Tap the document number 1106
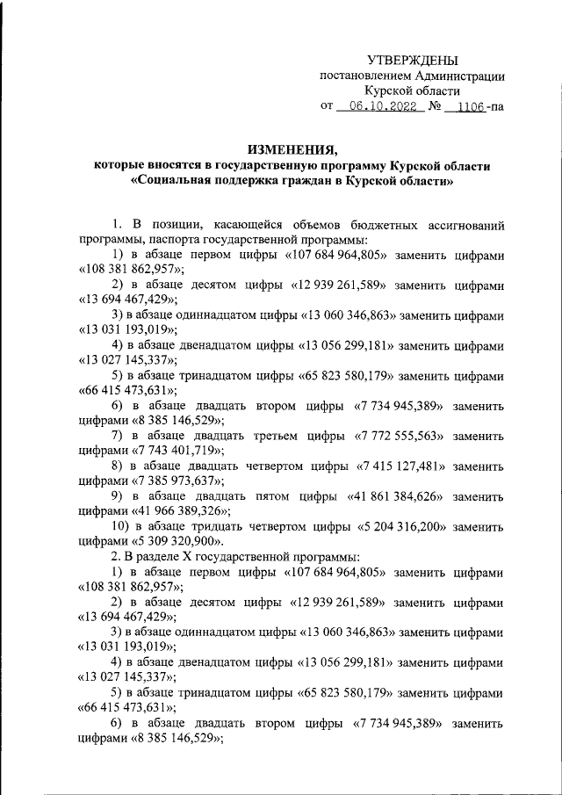pyautogui.click(x=465, y=108)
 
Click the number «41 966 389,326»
pyautogui.click(x=181, y=511)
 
